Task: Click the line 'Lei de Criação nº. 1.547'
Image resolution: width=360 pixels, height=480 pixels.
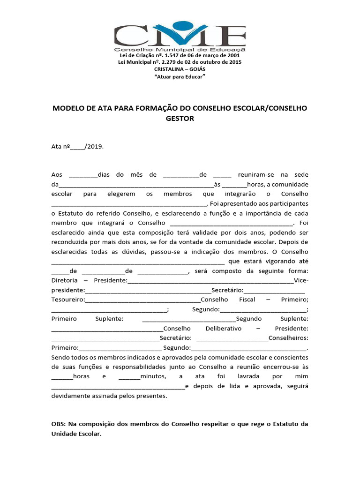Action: click(180, 55)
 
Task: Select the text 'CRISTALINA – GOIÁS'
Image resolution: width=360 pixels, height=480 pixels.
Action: click(180, 69)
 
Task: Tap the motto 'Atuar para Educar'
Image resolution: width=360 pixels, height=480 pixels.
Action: click(180, 76)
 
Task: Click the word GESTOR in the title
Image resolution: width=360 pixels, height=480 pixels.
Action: click(180, 119)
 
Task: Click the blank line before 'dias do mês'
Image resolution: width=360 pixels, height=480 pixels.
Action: click(83, 175)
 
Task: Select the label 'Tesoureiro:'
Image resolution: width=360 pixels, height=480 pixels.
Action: click(68, 300)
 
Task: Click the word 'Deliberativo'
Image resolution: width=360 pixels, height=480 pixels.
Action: click(224, 329)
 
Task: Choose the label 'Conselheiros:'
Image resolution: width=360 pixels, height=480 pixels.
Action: click(288, 338)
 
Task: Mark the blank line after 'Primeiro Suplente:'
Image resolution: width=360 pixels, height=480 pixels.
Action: click(188, 319)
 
